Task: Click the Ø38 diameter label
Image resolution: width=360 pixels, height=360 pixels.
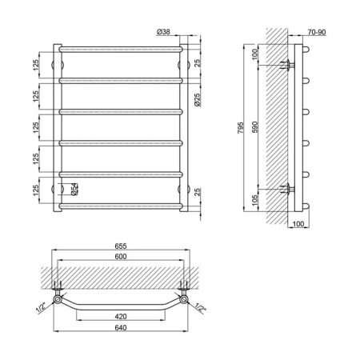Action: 163,32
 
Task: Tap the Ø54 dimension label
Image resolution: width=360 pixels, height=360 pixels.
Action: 74,190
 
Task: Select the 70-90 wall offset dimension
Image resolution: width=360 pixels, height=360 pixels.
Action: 317,32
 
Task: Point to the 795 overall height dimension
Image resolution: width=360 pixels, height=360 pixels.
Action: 240,128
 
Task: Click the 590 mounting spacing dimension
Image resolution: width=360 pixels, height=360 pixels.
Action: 255,127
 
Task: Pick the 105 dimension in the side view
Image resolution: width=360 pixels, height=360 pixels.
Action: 255,200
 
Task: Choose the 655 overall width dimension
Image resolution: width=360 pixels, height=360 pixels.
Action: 121,246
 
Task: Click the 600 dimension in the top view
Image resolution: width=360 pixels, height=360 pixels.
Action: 121,256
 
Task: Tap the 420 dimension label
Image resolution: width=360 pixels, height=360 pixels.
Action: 121,317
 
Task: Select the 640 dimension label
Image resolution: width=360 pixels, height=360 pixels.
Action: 121,327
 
